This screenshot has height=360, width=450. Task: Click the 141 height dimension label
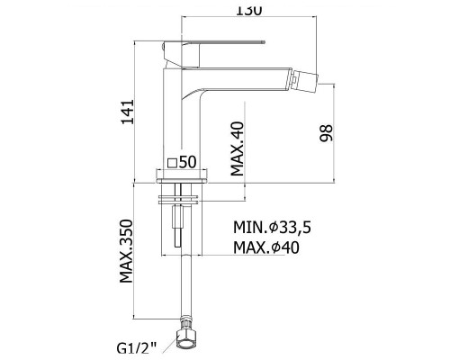pos(127,112)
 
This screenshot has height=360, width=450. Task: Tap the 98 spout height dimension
pos(326,133)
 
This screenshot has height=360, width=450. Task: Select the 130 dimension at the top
pos(249,11)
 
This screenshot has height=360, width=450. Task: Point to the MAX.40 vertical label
pos(238,148)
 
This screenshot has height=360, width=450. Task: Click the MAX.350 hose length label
pos(126,251)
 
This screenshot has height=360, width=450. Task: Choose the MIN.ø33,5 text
pos(272,228)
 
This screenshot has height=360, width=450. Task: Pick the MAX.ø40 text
pos(266,247)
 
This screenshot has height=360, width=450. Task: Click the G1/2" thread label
pos(137,349)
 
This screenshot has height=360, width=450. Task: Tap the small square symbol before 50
pos(172,163)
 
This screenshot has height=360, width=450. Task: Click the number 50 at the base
pos(187,162)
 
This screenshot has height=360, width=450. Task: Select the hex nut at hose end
pos(185,340)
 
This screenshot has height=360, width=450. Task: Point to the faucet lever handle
pos(213,53)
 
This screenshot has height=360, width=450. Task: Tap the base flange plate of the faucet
pos(182,176)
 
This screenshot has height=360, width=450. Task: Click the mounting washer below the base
pos(178,200)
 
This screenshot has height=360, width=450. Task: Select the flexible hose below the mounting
pos(185,285)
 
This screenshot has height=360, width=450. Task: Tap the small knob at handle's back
pos(163,48)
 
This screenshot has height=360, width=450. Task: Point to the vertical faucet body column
pos(182,120)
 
